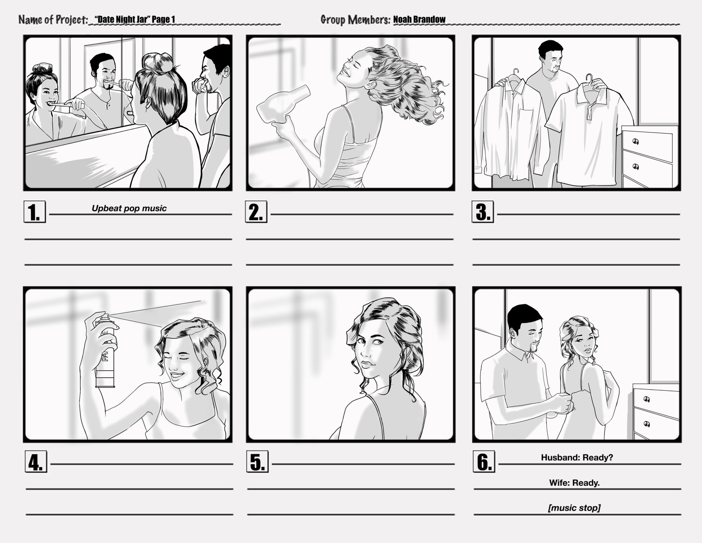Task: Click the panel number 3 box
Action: [483, 211]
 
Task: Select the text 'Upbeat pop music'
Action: [129, 208]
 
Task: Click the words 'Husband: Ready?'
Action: [577, 457]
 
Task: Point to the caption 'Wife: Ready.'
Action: [574, 483]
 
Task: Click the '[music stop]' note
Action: [574, 508]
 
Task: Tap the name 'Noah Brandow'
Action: [419, 19]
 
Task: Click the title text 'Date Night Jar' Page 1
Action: [135, 19]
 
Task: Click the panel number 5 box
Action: [257, 462]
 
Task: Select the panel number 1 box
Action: [35, 211]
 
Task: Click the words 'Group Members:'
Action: [355, 19]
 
